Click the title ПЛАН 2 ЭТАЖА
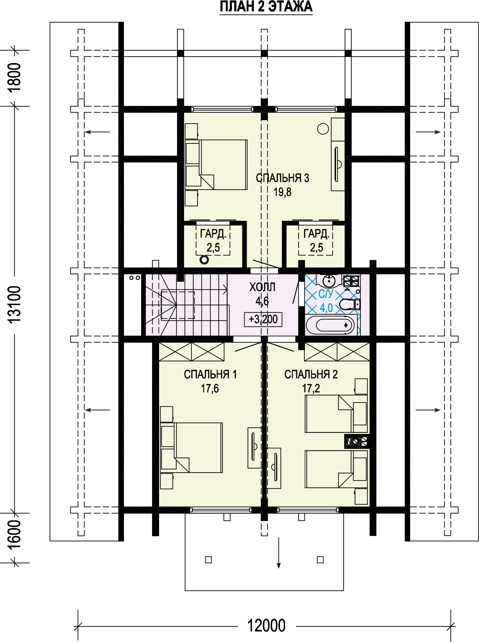click(x=266, y=7)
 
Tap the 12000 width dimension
click(x=266, y=625)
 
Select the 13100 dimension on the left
click(x=14, y=305)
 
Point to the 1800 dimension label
click(x=14, y=78)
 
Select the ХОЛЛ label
click(x=262, y=287)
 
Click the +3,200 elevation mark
click(x=263, y=319)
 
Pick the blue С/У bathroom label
click(x=326, y=294)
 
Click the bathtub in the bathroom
click(x=330, y=325)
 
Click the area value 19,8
click(x=282, y=192)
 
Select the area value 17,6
click(x=210, y=388)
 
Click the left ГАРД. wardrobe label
click(x=213, y=233)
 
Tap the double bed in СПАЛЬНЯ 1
click(x=192, y=448)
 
